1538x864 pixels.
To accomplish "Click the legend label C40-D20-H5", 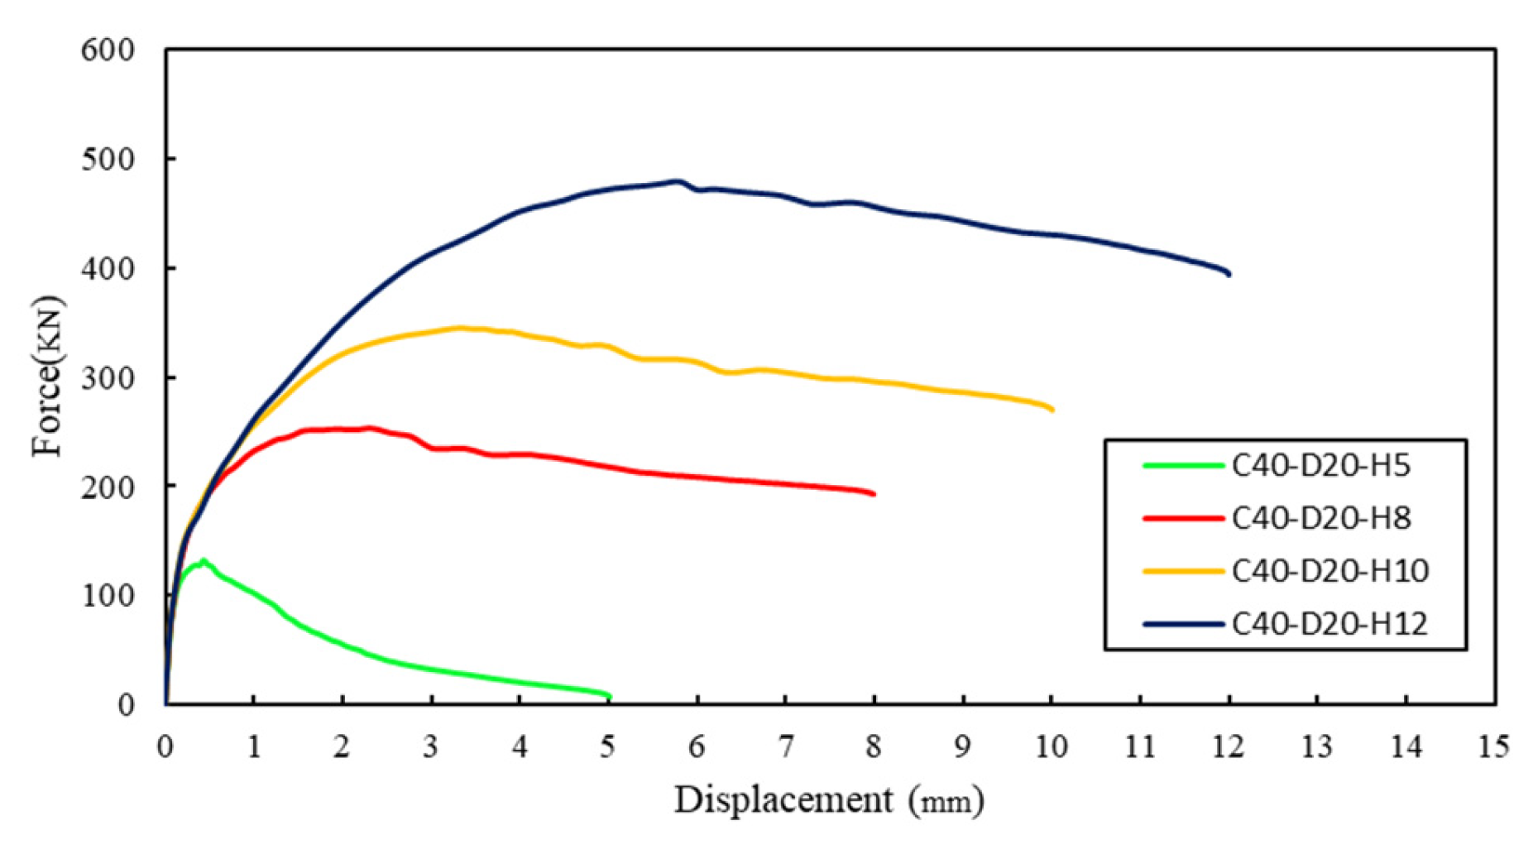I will [x=1320, y=466].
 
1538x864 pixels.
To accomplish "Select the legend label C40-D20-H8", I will [x=1320, y=518].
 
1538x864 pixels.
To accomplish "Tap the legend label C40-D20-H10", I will [x=1330, y=571].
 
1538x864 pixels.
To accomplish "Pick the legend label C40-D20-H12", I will [x=1330, y=623].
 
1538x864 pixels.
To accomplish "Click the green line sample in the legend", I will [x=1182, y=466].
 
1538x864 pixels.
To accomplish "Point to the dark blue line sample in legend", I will [x=1182, y=623].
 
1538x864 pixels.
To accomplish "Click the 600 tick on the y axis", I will [x=108, y=50].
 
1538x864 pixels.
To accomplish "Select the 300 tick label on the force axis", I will [x=108, y=378].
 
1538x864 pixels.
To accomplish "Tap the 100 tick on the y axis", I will [x=108, y=596].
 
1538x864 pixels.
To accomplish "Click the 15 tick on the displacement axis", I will [x=1493, y=747].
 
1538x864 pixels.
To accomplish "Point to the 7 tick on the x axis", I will [x=785, y=747].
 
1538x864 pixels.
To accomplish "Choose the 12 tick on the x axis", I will [x=1228, y=747].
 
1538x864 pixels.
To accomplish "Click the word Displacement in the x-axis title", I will [x=783, y=800].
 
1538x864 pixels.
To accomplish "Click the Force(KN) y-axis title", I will [x=47, y=377].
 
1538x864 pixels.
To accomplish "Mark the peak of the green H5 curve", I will [x=203, y=560].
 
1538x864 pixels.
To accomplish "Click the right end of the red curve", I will [x=874, y=494].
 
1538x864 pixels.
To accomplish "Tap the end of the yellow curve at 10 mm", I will [x=1052, y=410].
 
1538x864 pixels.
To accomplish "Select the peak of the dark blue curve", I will [x=677, y=180].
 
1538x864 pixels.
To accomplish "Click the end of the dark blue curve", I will [x=1229, y=274].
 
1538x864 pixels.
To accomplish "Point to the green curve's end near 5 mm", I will [x=609, y=696].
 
